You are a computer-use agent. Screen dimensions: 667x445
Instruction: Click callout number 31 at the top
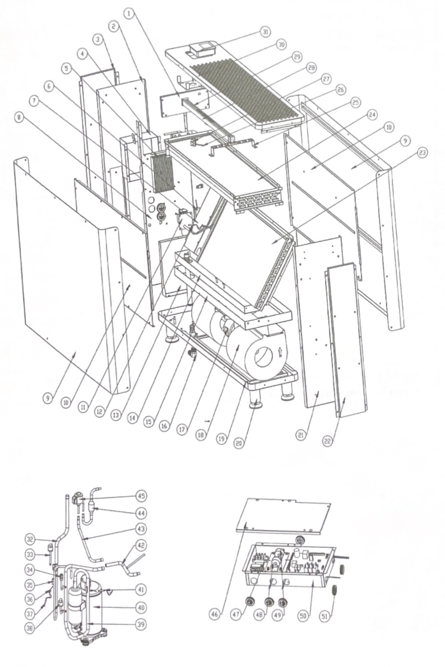click(x=266, y=32)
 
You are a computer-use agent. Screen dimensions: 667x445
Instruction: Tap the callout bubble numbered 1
click(x=130, y=14)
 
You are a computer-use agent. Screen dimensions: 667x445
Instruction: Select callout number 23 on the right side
click(x=422, y=153)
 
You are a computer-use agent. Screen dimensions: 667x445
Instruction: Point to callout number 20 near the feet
click(x=239, y=444)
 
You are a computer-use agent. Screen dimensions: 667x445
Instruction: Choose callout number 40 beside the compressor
click(x=141, y=607)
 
